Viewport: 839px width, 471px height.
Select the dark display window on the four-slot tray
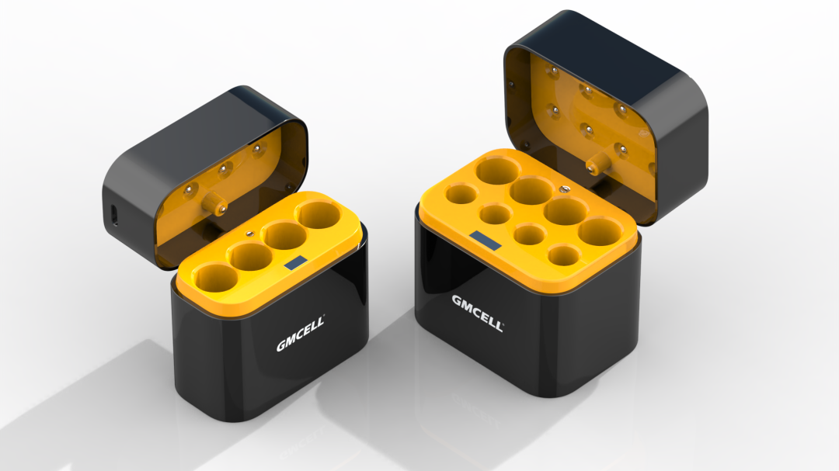click(x=294, y=264)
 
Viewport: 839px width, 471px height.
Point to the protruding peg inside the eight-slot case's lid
click(x=596, y=163)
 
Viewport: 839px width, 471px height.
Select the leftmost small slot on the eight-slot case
click(x=461, y=193)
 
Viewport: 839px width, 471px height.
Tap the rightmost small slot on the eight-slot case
click(x=563, y=254)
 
